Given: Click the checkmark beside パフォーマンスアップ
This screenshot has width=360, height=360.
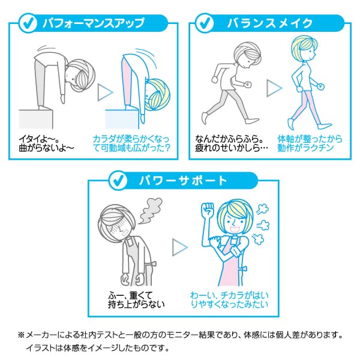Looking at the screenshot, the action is click(x=28, y=23).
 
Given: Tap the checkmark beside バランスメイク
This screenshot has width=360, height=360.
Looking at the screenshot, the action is click(x=205, y=23).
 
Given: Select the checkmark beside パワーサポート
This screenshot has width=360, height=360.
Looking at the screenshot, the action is click(x=118, y=180).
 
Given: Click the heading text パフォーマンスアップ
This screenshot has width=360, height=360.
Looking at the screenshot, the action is click(x=94, y=23).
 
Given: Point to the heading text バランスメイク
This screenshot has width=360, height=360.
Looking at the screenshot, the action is click(x=270, y=23).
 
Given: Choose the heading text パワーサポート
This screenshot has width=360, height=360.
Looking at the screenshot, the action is click(x=183, y=181).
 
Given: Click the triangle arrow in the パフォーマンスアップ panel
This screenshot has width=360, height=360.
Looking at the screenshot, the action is click(x=105, y=92).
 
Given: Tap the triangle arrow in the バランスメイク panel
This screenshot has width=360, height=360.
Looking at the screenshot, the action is click(x=274, y=88).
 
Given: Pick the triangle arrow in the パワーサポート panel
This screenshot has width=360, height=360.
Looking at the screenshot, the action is click(x=180, y=247).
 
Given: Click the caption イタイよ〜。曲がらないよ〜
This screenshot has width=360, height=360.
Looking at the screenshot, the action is click(x=46, y=143).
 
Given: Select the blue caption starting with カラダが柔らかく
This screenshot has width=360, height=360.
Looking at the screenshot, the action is click(x=131, y=143).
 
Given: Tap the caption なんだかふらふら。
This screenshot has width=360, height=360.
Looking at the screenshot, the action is click(x=229, y=139).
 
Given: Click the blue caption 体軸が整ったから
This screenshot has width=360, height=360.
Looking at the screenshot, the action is click(x=310, y=139).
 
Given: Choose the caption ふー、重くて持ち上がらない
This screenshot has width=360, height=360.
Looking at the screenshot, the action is click(x=136, y=300).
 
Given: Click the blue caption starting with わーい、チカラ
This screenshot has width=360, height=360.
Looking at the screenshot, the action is click(x=229, y=300).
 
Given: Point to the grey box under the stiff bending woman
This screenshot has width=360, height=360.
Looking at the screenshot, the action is click(x=36, y=119).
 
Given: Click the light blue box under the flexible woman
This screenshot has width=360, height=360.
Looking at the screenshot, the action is click(x=122, y=119).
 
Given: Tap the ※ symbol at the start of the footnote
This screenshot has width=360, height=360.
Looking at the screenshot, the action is click(x=21, y=335).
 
